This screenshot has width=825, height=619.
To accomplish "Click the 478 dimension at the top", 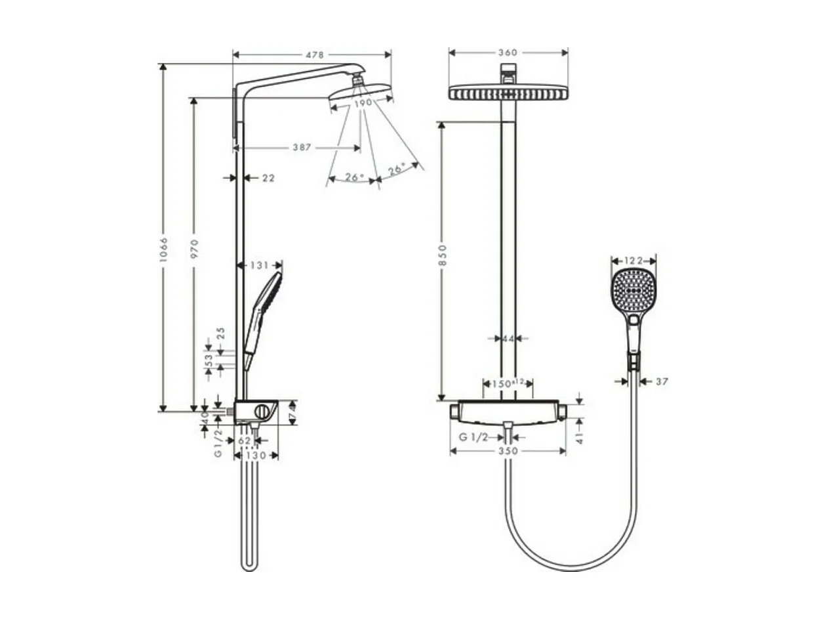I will (315, 55).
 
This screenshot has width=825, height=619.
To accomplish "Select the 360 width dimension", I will (508, 53).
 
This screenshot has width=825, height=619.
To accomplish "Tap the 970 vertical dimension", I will (194, 249).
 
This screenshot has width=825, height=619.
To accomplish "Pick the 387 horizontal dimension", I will (302, 148).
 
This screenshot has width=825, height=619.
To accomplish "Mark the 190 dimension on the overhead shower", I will (363, 103).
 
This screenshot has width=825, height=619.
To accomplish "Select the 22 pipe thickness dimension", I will (268, 178).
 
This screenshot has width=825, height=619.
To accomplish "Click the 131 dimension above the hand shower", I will (260, 265).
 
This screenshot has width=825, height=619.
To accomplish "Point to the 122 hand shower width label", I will (634, 260).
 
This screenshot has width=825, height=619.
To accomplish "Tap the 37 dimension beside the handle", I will (661, 381).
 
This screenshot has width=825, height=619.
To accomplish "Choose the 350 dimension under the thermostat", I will (508, 451).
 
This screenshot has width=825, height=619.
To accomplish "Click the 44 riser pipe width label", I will (508, 339).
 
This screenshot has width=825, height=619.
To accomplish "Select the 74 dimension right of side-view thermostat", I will (292, 412).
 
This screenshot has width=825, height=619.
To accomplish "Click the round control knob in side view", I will (263, 412).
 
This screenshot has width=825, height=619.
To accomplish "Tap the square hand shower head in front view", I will (634, 289).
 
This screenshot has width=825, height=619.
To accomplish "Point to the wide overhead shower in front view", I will (508, 93).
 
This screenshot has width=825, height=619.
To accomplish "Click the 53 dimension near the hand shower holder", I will (209, 361).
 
